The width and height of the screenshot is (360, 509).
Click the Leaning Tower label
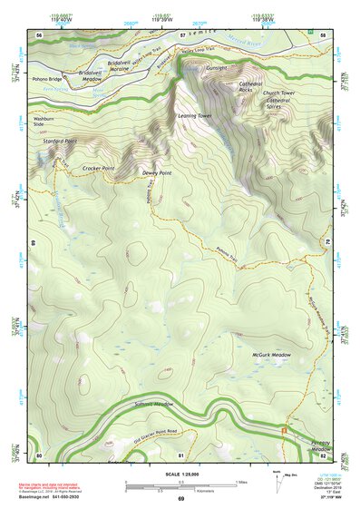click(193, 116)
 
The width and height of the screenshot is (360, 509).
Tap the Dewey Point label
click(157, 171)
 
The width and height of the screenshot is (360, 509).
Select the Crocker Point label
click(98, 167)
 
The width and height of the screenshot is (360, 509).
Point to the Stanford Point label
click(59, 142)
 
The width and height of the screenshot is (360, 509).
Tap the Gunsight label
click(216, 68)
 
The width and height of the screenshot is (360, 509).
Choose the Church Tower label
click(279, 93)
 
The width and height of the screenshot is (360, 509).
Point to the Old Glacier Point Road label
click(140, 432)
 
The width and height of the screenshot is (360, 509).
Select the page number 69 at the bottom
click(180, 499)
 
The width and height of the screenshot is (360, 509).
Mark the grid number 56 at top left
click(39, 34)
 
